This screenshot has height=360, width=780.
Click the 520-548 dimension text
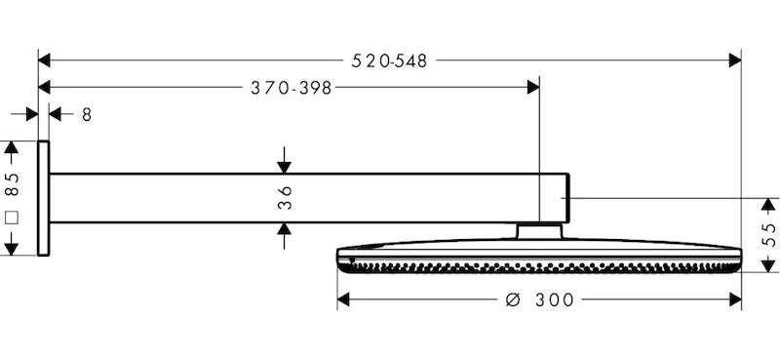(x=389, y=60)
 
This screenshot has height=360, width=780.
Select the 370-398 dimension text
(x=291, y=88)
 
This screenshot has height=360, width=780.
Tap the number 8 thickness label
(x=87, y=115)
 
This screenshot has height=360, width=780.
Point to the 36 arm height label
(x=285, y=198)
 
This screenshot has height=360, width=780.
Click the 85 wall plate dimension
(x=12, y=184)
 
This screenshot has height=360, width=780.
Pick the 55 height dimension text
(x=768, y=234)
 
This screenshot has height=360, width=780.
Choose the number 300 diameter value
(x=555, y=300)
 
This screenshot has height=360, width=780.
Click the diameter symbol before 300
(x=513, y=300)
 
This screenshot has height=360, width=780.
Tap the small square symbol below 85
(x=12, y=218)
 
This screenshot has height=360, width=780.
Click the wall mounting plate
(x=43, y=198)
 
